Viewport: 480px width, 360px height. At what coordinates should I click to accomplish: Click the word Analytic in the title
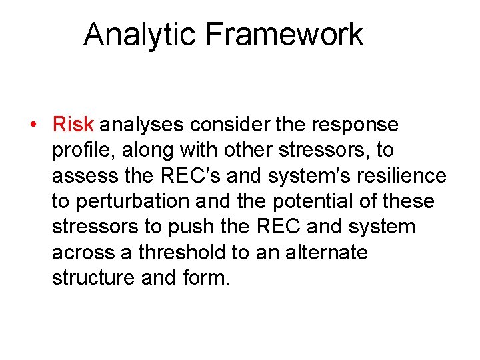click(140, 35)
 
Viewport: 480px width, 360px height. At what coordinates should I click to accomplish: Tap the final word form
click(207, 278)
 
